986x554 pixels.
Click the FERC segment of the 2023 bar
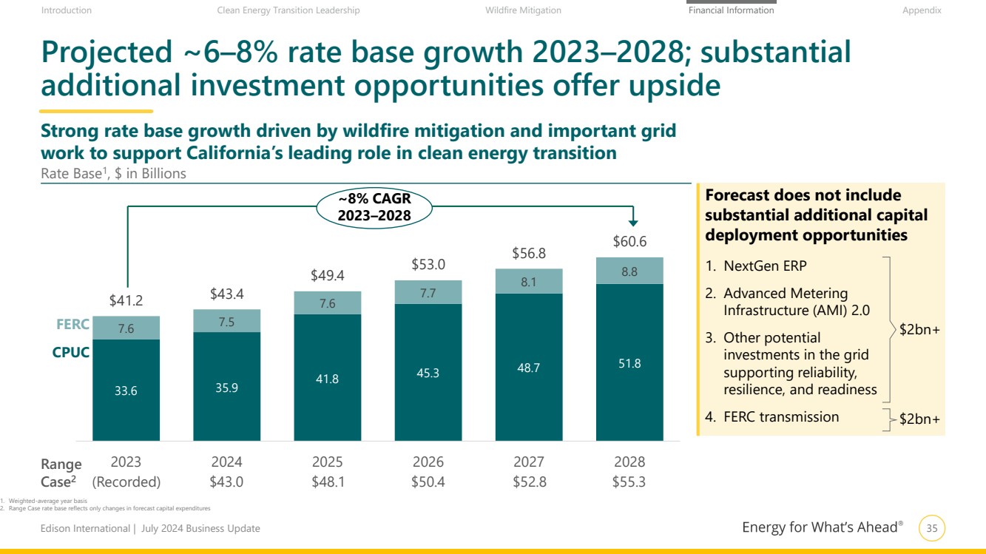coord(126,328)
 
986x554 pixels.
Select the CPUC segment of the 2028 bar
coord(629,362)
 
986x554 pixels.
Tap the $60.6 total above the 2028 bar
coord(629,241)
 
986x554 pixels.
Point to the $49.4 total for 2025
coord(328,276)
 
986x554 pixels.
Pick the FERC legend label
coord(72,325)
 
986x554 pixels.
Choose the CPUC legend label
coord(71,353)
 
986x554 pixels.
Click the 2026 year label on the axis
coord(428,462)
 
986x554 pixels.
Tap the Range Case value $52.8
coord(529,482)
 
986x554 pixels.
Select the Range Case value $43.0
coord(227,482)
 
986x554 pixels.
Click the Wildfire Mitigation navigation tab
coord(523,10)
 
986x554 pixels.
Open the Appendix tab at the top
coord(922,10)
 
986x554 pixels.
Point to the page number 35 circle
coord(932,528)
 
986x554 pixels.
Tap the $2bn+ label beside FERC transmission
coord(919,419)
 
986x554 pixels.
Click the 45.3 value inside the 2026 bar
coord(428,373)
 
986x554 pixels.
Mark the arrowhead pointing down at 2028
coord(633,220)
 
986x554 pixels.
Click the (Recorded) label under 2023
coord(126,482)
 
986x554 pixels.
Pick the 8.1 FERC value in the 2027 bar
coord(529,281)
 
